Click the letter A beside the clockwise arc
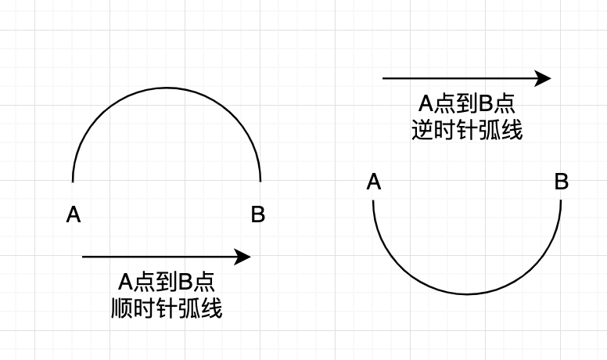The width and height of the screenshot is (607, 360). coord(74,214)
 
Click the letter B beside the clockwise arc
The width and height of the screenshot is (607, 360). coord(257,214)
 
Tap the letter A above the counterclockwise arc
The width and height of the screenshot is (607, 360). coord(374,182)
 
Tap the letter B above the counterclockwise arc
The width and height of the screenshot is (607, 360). coord(561,182)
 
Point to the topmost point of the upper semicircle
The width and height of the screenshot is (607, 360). coord(167,88)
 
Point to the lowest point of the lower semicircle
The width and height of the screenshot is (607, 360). coord(467,294)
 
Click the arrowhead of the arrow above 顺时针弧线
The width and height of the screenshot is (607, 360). coord(244,257)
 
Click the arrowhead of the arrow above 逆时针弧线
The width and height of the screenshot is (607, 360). coord(544,78)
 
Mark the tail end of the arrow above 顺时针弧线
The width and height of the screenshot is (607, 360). coord(83,257)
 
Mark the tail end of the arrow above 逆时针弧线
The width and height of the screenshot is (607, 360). coord(383,78)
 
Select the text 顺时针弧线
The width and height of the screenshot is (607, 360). coord(167,308)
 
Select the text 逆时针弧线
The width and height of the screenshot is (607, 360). coord(467,130)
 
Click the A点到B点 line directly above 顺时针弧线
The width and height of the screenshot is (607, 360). coord(167,283)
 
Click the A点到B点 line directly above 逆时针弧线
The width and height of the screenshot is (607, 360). coord(467,104)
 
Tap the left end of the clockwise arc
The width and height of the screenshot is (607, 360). coord(73,181)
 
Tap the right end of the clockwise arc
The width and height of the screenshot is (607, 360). coord(260,181)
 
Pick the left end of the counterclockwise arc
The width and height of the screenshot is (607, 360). coord(373,201)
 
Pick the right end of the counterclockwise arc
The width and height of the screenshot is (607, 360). coord(561,201)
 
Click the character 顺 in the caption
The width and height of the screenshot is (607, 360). coord(123,308)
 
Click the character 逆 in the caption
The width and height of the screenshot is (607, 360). coord(423,130)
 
